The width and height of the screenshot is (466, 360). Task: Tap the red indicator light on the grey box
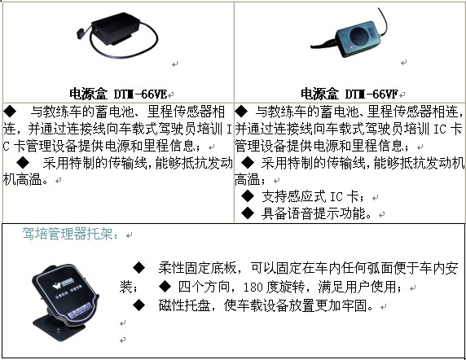click(x=351, y=47)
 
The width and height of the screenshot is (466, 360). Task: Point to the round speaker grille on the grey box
click(x=359, y=36)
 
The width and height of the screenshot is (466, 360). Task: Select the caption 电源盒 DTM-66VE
click(x=118, y=94)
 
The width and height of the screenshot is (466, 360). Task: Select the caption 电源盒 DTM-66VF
click(x=349, y=94)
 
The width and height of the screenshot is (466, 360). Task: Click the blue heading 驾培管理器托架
click(x=70, y=234)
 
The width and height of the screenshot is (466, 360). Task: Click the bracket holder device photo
click(x=66, y=300)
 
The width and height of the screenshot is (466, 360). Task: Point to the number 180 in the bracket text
click(x=253, y=288)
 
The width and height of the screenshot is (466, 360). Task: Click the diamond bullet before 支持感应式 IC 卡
click(x=248, y=196)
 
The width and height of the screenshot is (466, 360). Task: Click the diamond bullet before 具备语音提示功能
click(x=248, y=213)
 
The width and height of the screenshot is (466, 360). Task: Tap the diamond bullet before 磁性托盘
click(x=138, y=305)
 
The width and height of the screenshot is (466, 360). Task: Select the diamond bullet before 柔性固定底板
click(x=138, y=268)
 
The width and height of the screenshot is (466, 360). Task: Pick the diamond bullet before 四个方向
click(x=165, y=287)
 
